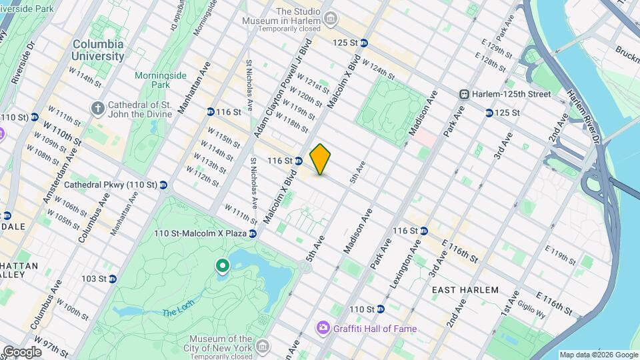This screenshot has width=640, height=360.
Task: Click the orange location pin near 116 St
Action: [320, 159]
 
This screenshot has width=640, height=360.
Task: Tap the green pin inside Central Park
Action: [222, 267]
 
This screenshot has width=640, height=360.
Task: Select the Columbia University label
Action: [99, 50]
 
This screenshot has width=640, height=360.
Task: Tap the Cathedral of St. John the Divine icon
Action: [98, 107]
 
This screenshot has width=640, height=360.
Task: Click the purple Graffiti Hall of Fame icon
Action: [323, 327]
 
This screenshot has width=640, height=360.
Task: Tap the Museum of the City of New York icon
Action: [262, 347]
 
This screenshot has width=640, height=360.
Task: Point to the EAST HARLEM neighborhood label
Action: [465, 290]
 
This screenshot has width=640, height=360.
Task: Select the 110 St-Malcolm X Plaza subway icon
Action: [253, 233]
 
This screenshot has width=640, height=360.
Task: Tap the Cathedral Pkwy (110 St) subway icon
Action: [163, 185]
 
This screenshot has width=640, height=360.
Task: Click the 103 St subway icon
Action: [112, 279]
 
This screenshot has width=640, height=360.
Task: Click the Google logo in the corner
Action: [22, 352]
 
